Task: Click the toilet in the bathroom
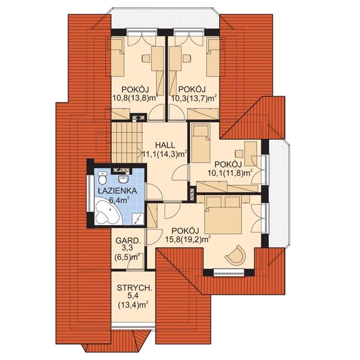pyautogui.click(x=102, y=178)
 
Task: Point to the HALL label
pyautogui.click(x=165, y=145)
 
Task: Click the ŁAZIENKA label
pyautogui.click(x=117, y=191)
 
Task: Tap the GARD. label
pyautogui.click(x=128, y=241)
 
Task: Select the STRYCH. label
pyautogui.click(x=134, y=288)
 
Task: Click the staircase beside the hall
pyautogui.click(x=127, y=143)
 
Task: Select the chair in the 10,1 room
pyautogui.click(x=239, y=153)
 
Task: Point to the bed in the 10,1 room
pyautogui.click(x=201, y=141)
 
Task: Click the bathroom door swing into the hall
pyautogui.click(x=154, y=192)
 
